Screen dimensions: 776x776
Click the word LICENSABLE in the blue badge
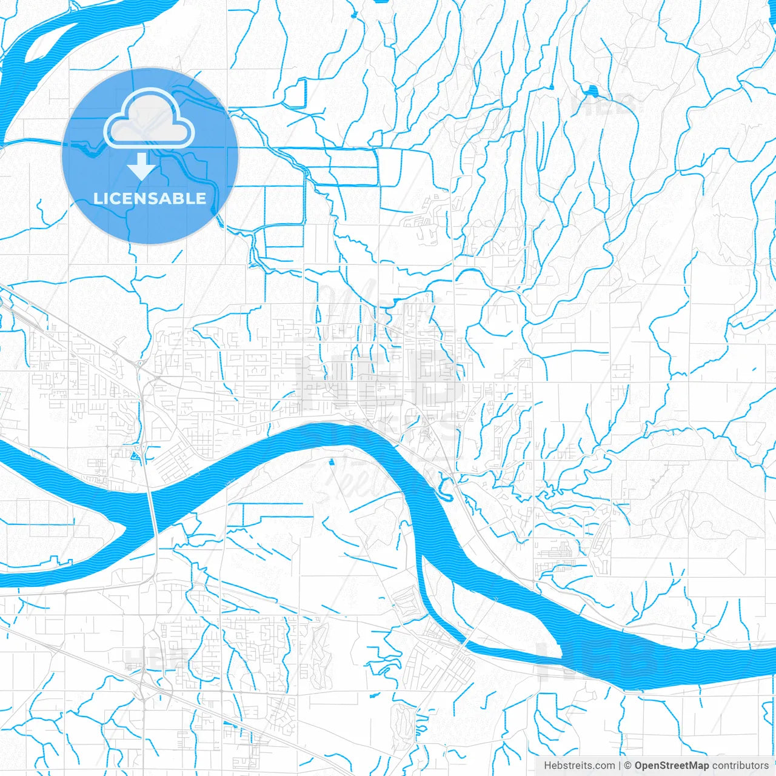click(x=150, y=198)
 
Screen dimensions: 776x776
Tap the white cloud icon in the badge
click(x=149, y=119)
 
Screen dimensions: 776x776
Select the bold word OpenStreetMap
click(x=671, y=766)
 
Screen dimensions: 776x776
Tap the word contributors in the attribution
click(x=740, y=766)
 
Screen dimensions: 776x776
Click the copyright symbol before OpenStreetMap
click(x=628, y=766)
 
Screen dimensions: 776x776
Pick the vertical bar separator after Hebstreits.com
click(x=620, y=766)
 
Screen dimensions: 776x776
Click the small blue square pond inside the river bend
click(x=331, y=463)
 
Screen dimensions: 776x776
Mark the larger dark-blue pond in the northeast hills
click(x=591, y=92)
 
